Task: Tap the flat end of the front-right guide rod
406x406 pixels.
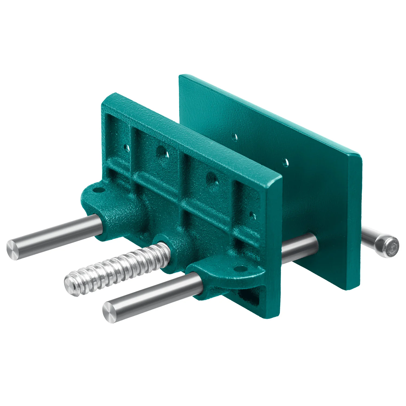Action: point(110,313)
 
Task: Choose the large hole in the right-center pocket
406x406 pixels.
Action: point(212,179)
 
